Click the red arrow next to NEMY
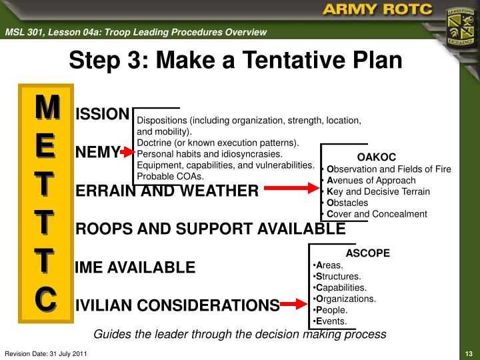tap(127, 153)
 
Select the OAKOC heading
tap(376, 157)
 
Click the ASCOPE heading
tap(367, 253)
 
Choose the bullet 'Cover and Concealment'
tap(377, 214)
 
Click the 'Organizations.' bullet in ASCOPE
tap(347, 299)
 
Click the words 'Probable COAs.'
tap(170, 176)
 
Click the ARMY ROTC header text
tap(376, 10)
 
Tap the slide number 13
tap(468, 353)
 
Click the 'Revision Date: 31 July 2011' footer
tap(45, 353)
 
